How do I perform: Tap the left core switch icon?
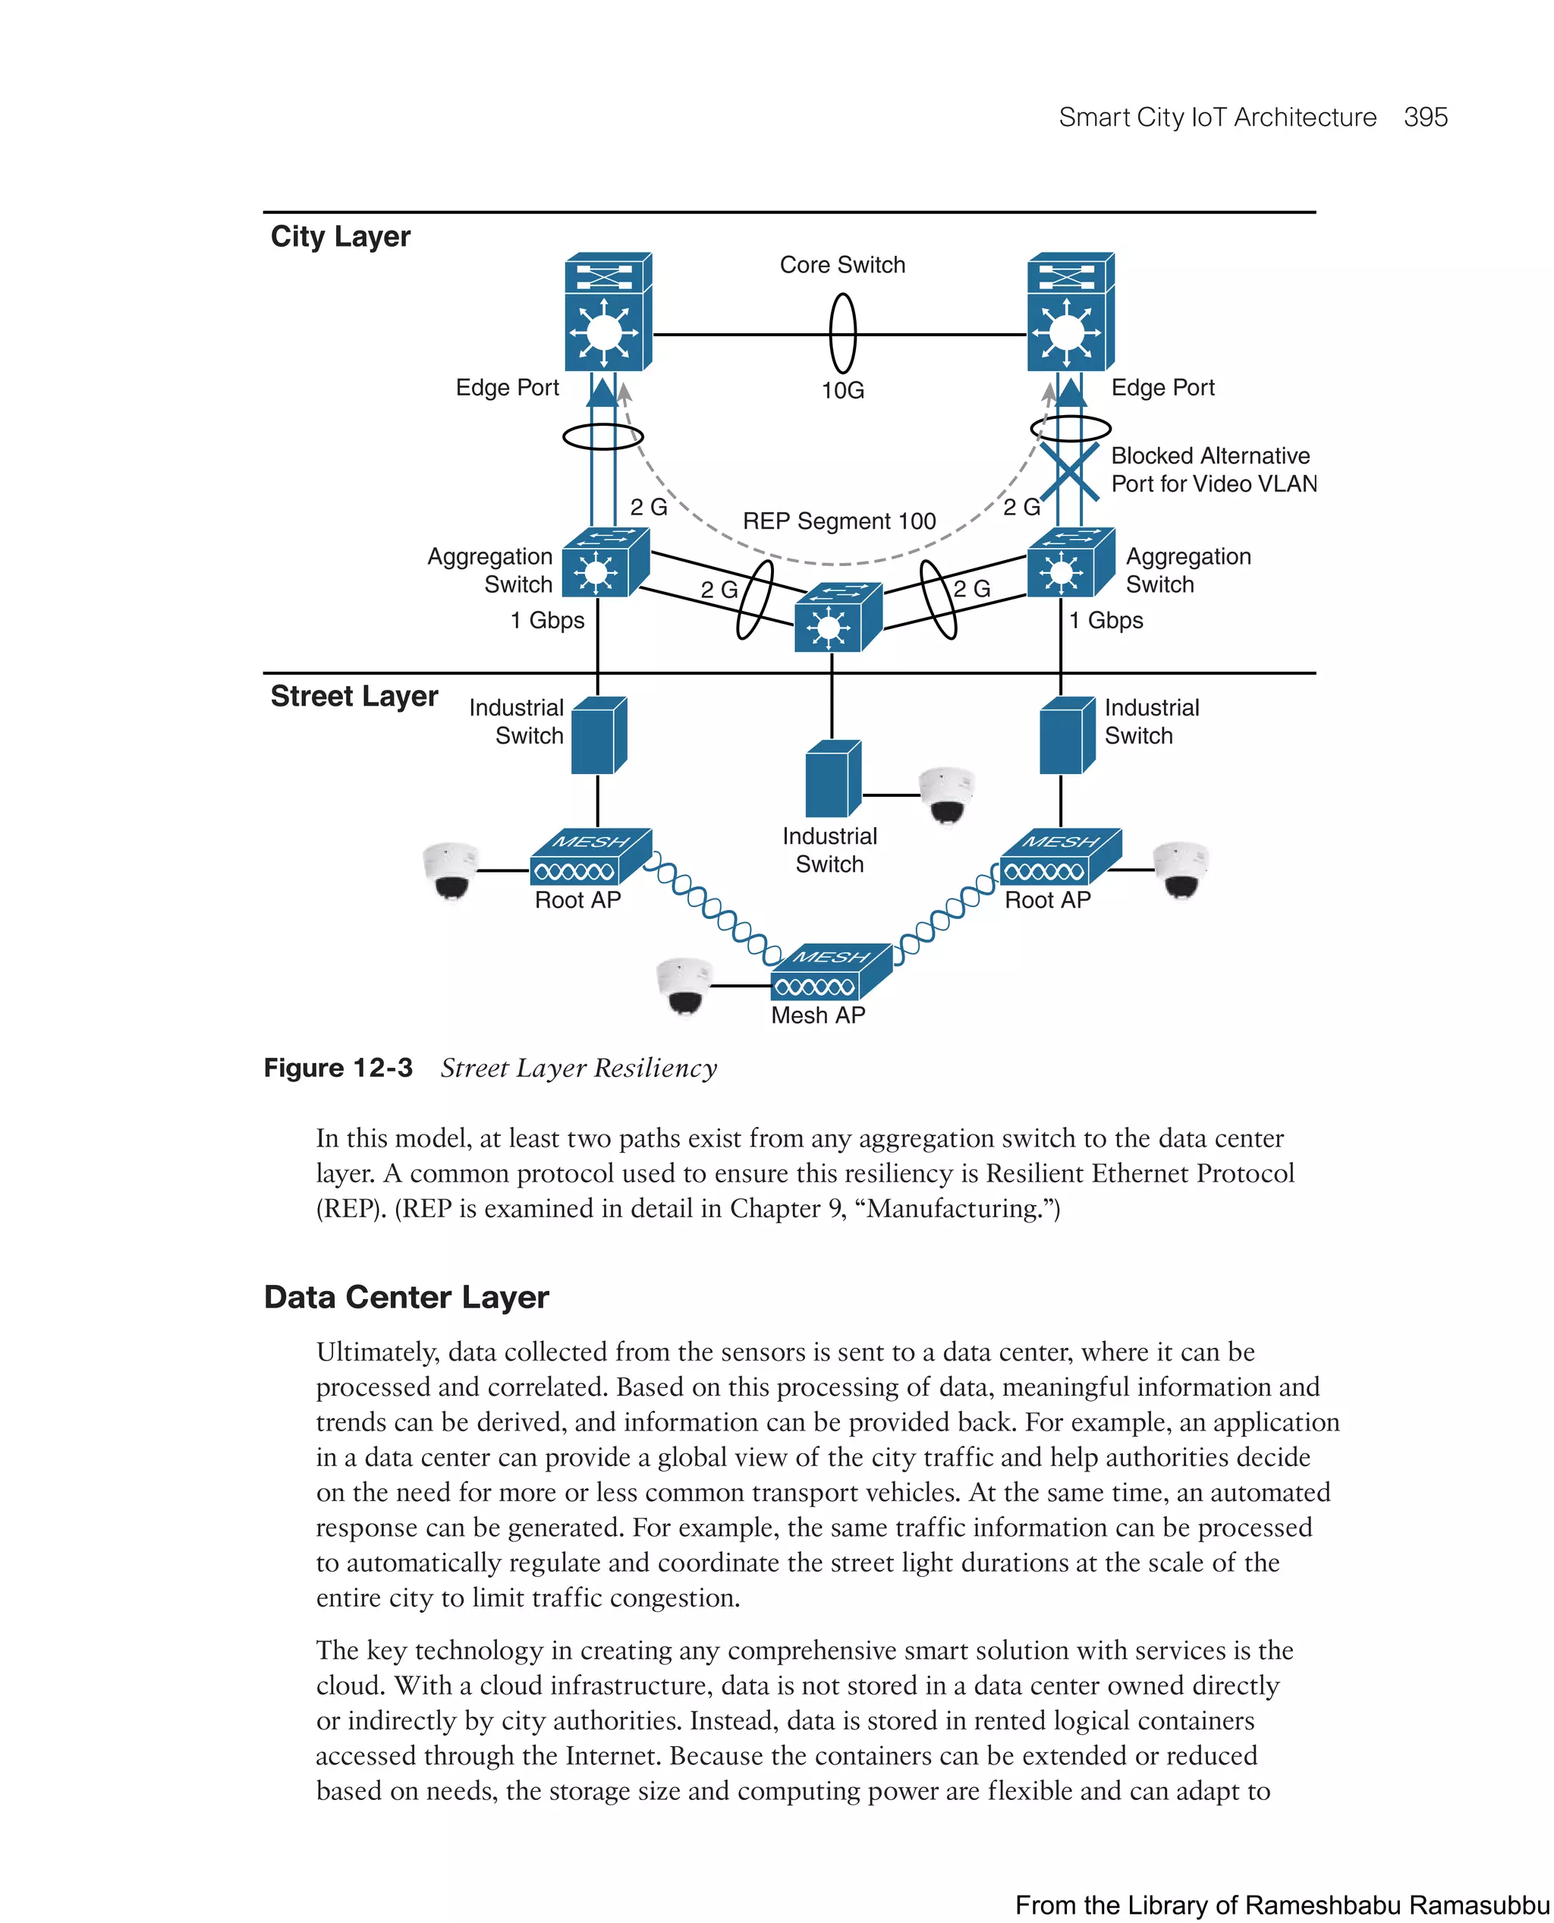click(x=607, y=312)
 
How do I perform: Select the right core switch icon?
click(x=1070, y=312)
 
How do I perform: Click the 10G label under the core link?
click(x=842, y=390)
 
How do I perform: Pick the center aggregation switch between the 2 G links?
click(x=837, y=618)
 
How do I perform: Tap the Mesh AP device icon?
click(x=830, y=972)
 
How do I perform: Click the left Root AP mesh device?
click(x=589, y=858)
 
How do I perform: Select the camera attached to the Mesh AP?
click(x=684, y=987)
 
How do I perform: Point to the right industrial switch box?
click(x=1066, y=736)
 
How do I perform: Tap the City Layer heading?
click(x=340, y=236)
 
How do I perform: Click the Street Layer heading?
click(x=354, y=696)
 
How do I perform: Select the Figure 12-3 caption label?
click(x=338, y=1068)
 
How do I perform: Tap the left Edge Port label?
click(x=507, y=388)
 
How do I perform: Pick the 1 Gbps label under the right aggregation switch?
click(x=1106, y=621)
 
